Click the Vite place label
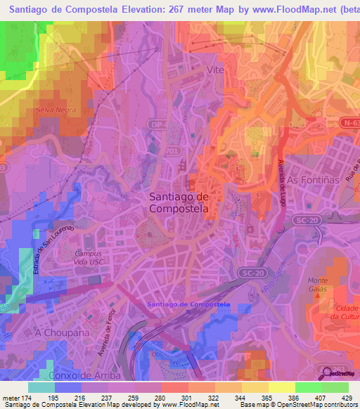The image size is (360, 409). [216, 70]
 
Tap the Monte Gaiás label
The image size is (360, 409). [318, 285]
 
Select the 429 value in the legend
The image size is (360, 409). [347, 398]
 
